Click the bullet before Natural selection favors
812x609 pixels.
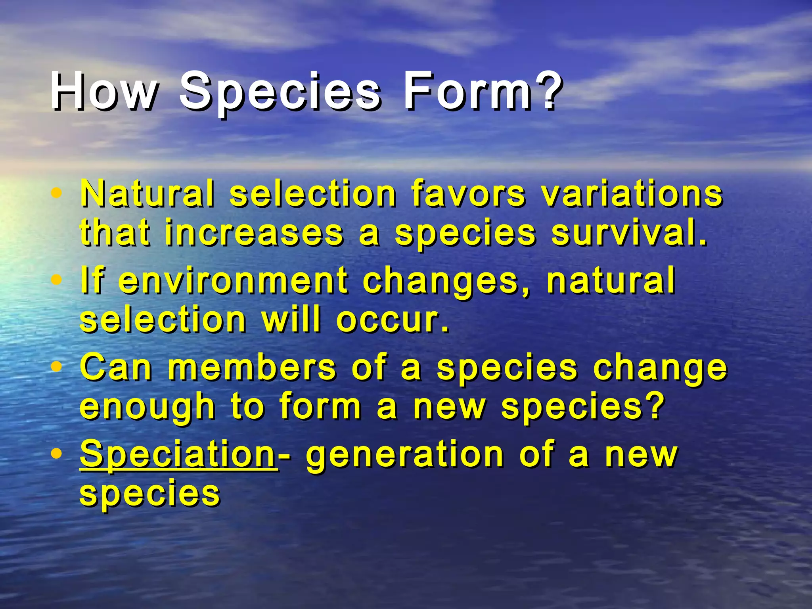57,193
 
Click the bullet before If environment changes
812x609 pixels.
57,280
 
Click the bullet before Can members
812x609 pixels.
57,367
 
